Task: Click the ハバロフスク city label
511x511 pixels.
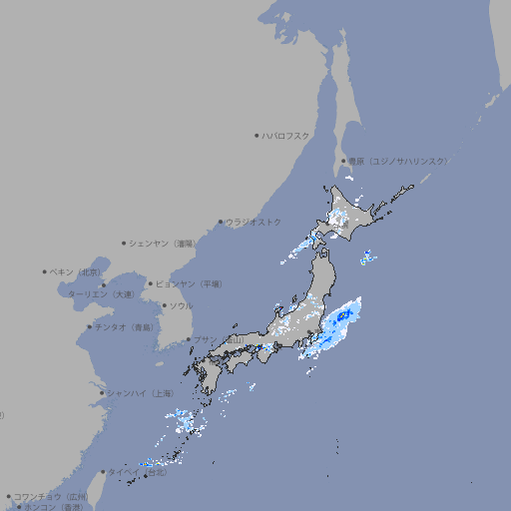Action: tap(286, 136)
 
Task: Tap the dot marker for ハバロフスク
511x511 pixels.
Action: tap(256, 136)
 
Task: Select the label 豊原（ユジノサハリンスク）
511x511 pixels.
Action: tap(397, 161)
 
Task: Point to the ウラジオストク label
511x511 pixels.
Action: tap(254, 222)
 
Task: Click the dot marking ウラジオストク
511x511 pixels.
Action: tap(221, 222)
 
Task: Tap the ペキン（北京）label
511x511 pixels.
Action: tap(76, 271)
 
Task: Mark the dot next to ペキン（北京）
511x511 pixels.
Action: tap(45, 271)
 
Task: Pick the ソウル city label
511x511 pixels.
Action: tap(181, 305)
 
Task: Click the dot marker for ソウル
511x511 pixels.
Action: tap(163, 305)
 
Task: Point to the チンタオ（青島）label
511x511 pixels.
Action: tap(123, 326)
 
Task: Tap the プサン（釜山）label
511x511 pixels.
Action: tap(219, 339)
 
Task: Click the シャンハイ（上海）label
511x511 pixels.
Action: tap(139, 392)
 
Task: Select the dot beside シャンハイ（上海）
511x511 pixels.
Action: tap(102, 392)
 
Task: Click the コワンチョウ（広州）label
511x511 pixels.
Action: tap(50, 496)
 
